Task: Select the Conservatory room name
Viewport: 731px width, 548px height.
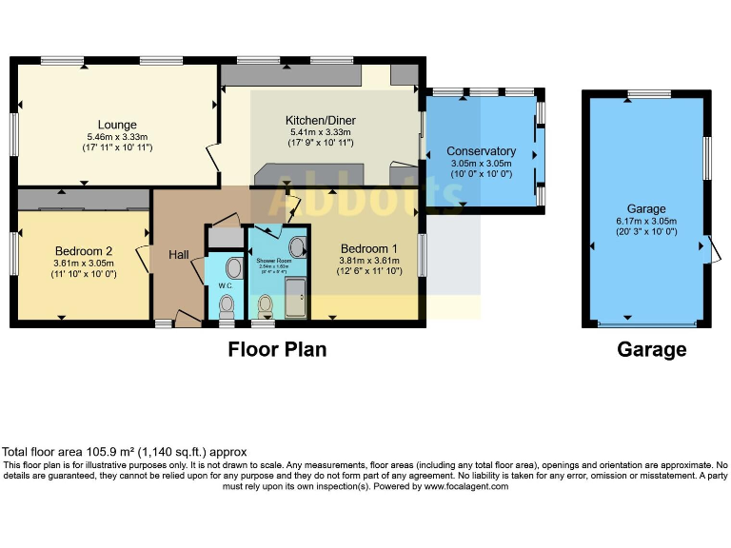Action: tap(481, 151)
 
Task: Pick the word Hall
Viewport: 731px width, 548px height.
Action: tap(179, 255)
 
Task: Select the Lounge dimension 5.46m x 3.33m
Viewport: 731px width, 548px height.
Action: tap(117, 136)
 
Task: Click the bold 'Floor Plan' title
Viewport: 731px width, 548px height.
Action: tap(277, 350)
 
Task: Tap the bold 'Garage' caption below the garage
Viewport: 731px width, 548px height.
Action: tap(651, 350)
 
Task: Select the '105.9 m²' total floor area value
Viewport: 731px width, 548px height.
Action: tap(108, 452)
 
